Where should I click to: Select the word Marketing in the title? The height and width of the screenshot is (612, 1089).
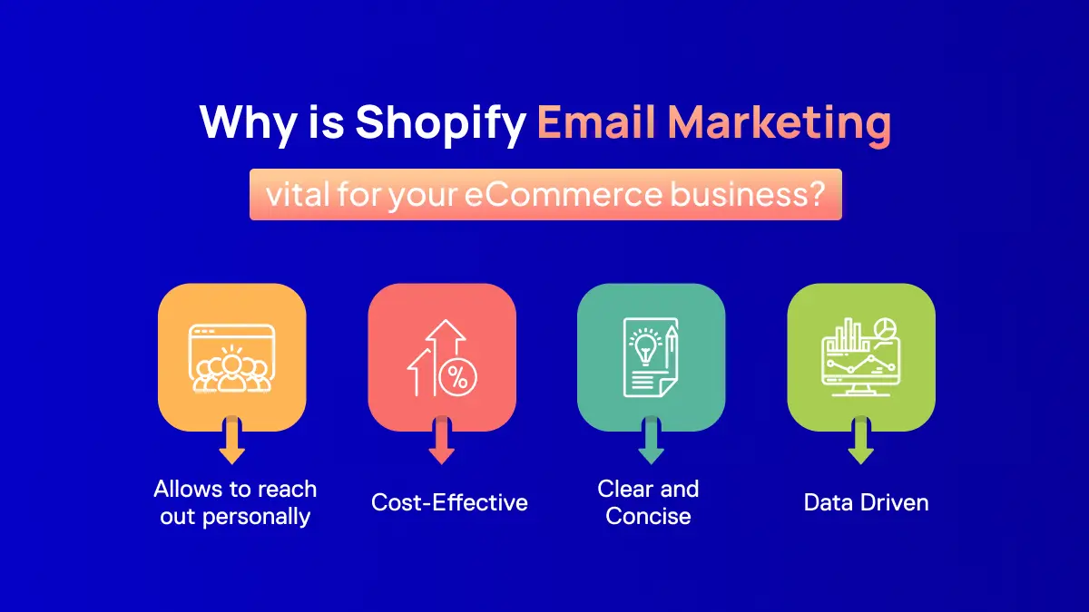tap(780, 123)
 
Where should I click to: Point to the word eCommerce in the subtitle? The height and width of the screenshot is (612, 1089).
tap(563, 194)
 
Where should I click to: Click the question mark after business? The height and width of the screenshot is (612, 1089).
tap(817, 194)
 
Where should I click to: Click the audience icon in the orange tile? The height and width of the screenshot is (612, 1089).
tap(232, 358)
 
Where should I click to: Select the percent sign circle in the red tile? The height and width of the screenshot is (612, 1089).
tap(457, 377)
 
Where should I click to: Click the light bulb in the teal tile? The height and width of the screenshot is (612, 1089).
tap(645, 345)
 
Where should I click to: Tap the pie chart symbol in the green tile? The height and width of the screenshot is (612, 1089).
tap(885, 328)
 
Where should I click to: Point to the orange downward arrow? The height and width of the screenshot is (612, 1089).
tap(232, 440)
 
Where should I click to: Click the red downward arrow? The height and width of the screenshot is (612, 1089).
tap(441, 440)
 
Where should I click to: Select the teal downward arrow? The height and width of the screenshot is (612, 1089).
tap(651, 440)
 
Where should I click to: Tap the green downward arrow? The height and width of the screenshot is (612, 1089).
tap(861, 440)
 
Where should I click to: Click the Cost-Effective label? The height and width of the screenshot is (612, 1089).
tap(449, 502)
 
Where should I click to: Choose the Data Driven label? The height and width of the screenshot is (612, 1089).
tap(866, 502)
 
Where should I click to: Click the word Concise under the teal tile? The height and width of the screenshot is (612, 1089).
tap(648, 516)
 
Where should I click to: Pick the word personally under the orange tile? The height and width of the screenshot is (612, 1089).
tap(256, 518)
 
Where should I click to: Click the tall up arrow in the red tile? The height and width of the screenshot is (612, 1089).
tap(446, 357)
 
